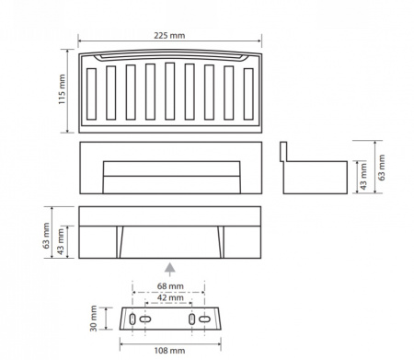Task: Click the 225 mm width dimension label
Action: [169, 36]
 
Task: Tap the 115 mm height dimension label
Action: [62, 89]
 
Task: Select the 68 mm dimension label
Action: [170, 286]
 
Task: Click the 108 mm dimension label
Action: [169, 351]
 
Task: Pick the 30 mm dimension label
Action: [93, 319]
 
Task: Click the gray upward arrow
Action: [170, 269]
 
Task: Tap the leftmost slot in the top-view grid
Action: [91, 94]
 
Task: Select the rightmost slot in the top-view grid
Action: [248, 94]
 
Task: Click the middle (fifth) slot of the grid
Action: [170, 91]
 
